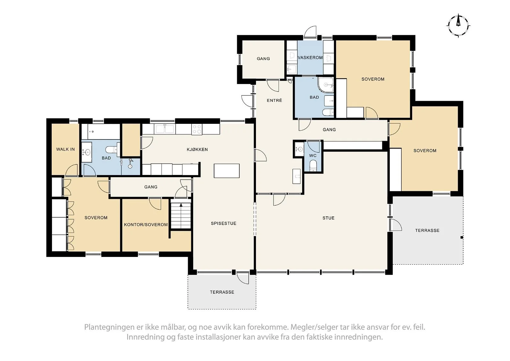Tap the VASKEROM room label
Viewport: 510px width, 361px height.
coord(310,58)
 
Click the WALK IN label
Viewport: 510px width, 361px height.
coord(65,149)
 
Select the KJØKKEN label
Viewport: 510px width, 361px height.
coord(197,150)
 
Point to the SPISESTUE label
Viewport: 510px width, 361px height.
coord(223,223)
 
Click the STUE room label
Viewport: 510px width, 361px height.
coord(328,218)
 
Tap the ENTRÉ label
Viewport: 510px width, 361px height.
coord(274,100)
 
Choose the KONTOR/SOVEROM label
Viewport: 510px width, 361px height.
coord(146,225)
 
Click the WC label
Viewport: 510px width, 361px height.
coord(313,156)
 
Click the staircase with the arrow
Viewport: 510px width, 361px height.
coord(181,215)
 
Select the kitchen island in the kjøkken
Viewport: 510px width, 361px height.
coord(227,171)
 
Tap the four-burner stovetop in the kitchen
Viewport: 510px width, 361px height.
coord(197,129)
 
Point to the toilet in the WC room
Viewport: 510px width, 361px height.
coord(313,166)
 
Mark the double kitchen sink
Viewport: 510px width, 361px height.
coord(165,129)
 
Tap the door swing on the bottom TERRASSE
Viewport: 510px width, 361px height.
coord(243,278)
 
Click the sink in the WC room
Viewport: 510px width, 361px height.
coord(299,149)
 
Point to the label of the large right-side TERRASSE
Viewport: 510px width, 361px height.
coord(427,230)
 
